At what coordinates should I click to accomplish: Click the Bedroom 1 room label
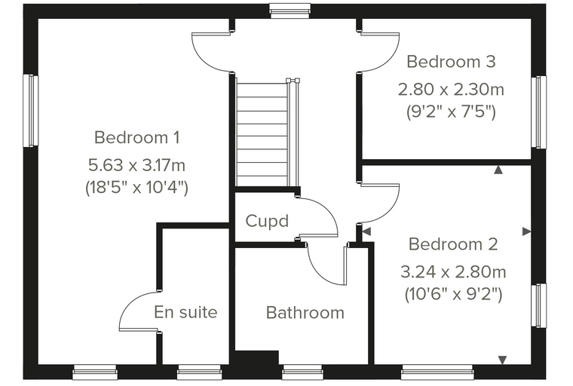point(137,138)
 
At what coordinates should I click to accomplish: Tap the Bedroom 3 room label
point(451,61)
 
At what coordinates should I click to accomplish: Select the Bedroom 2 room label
point(453,244)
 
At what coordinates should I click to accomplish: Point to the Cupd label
point(267,221)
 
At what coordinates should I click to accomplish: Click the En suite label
point(185,312)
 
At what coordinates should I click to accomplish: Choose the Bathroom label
point(305,313)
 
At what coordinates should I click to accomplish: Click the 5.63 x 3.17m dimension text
point(136,165)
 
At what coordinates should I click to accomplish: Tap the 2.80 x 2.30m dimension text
point(451,90)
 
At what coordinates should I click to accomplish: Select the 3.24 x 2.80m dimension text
point(453,272)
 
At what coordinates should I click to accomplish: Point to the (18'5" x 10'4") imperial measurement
point(136,188)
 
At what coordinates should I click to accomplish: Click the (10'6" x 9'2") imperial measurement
point(453,294)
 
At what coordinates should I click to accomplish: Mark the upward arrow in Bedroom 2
point(498,170)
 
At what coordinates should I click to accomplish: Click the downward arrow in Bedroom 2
point(502,360)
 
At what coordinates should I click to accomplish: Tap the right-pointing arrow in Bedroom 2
point(526,231)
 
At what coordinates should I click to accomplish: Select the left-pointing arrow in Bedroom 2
point(366,231)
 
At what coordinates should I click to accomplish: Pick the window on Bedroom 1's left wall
point(31,111)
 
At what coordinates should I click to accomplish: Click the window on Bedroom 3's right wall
point(539,112)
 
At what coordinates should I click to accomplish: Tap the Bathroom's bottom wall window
point(302,372)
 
